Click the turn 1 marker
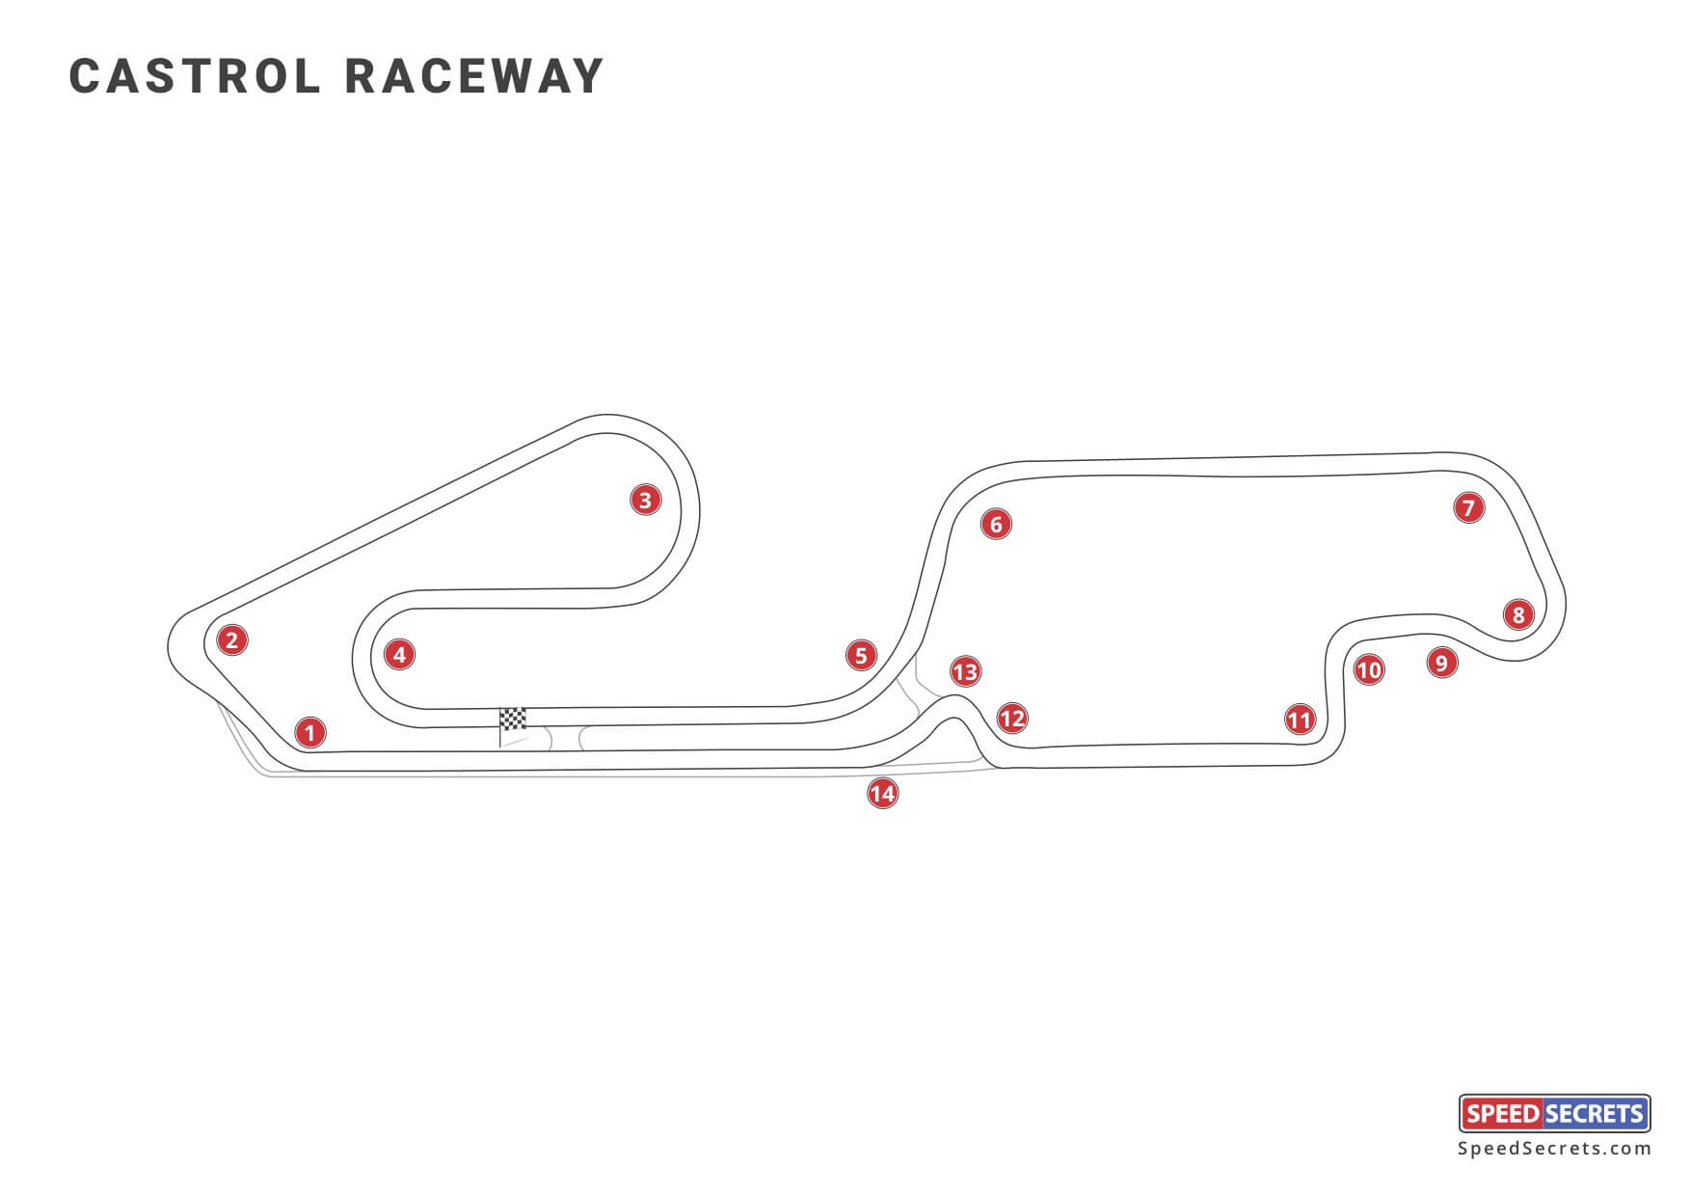(309, 733)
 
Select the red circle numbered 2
(231, 639)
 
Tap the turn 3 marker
(645, 500)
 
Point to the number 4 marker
(399, 655)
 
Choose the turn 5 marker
(861, 656)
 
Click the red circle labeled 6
(996, 524)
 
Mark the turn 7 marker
(1468, 508)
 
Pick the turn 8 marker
(1518, 614)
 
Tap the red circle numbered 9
(1441, 663)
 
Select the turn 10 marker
(1369, 669)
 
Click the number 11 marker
(1300, 720)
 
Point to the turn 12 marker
(1011, 718)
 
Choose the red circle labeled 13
(965, 671)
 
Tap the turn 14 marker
(882, 794)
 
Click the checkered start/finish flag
(513, 720)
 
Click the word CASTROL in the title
(195, 76)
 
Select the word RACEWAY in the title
(474, 76)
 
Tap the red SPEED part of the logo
(1501, 1114)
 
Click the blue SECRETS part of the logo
(1596, 1114)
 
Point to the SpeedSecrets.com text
(1554, 1149)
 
